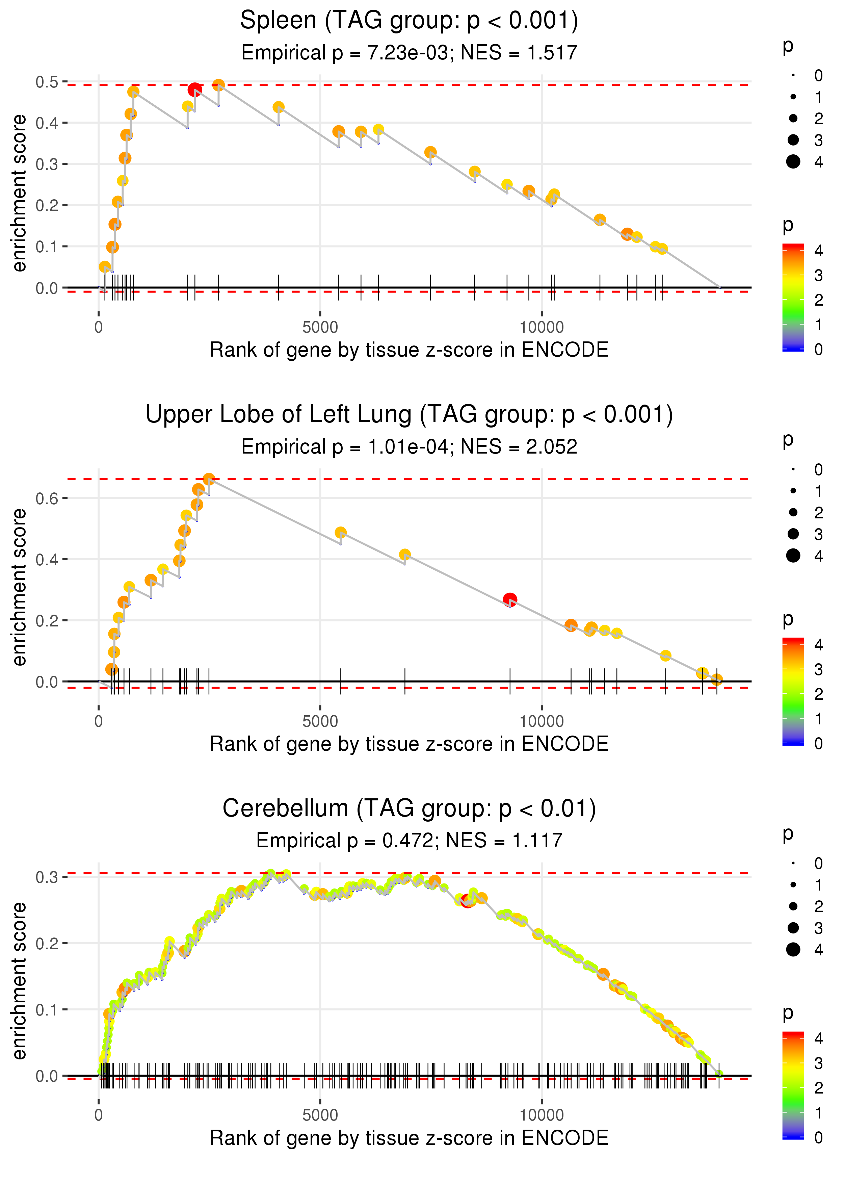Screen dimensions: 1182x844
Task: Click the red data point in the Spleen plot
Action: pyautogui.click(x=194, y=90)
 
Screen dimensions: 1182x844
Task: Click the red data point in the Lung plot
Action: pyautogui.click(x=510, y=599)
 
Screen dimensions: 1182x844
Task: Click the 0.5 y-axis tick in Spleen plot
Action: pyautogui.click(x=47, y=82)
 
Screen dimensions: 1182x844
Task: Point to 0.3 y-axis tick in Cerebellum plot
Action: pyautogui.click(x=47, y=877)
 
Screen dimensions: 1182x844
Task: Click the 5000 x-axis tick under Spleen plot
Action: pyautogui.click(x=320, y=328)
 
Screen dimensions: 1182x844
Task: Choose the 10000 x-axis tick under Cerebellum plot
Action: pyautogui.click(x=542, y=1115)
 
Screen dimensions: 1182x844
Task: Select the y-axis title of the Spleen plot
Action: pyautogui.click(x=19, y=194)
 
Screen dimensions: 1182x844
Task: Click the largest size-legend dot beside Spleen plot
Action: pyautogui.click(x=793, y=162)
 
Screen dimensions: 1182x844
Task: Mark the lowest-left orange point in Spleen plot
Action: pyautogui.click(x=104, y=267)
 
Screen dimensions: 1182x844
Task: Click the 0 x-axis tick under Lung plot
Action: pyautogui.click(x=99, y=721)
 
